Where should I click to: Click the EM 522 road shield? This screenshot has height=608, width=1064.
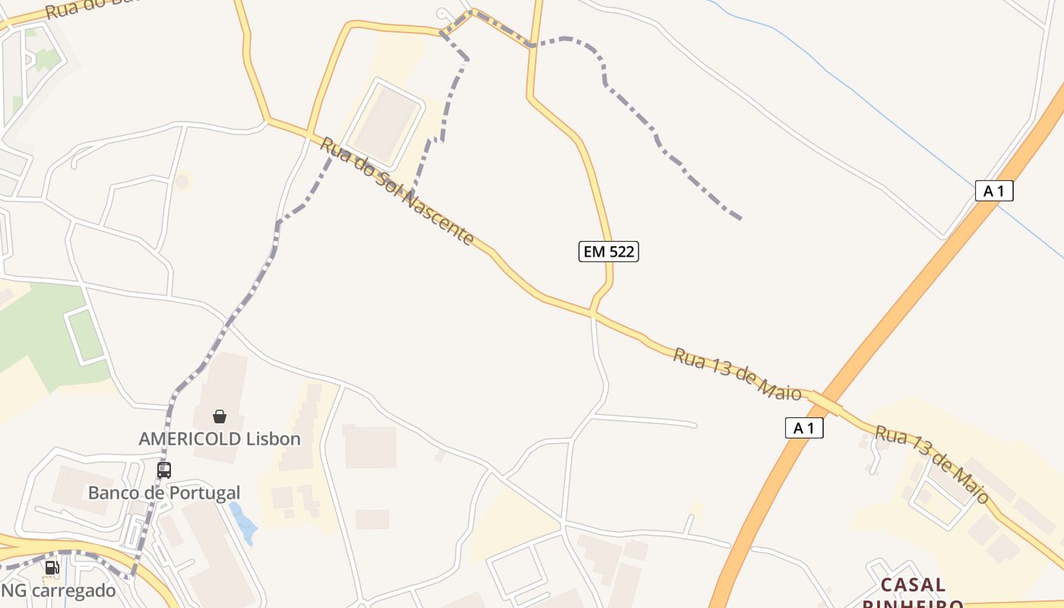click(x=608, y=252)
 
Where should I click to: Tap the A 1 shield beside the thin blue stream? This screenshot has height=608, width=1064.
click(x=994, y=191)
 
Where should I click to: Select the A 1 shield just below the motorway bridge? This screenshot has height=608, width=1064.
click(x=804, y=429)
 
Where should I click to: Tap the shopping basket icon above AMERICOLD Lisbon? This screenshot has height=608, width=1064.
click(x=220, y=416)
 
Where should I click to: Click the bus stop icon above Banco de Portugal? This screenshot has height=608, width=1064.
click(x=163, y=470)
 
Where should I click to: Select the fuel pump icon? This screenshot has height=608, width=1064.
click(x=52, y=567)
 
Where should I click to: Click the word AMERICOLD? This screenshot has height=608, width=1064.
click(x=190, y=439)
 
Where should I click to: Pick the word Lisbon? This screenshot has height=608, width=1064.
click(x=274, y=439)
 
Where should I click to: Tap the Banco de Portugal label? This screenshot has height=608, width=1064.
click(x=164, y=492)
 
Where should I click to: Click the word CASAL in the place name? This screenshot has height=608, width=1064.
click(x=914, y=585)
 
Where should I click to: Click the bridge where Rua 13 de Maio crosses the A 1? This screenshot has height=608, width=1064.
click(x=826, y=402)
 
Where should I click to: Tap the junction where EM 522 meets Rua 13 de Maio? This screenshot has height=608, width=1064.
click(x=593, y=312)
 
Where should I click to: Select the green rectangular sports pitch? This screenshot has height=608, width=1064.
click(x=85, y=335)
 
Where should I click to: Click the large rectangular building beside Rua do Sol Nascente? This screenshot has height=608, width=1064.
click(x=387, y=123)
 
